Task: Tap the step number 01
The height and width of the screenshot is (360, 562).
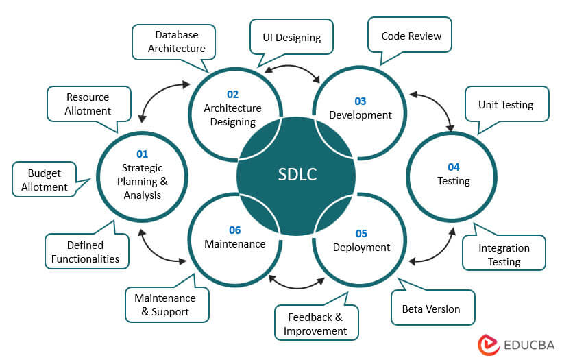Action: (x=142, y=154)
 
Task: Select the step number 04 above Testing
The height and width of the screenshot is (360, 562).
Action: (x=454, y=167)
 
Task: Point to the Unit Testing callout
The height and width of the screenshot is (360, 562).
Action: (x=506, y=105)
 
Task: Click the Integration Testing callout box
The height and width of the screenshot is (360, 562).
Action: (x=504, y=254)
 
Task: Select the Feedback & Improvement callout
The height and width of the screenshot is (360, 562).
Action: (x=315, y=324)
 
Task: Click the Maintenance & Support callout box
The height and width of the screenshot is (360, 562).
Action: (x=164, y=304)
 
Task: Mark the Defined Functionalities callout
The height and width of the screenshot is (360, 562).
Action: (x=86, y=252)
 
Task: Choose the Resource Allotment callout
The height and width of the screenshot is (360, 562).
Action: (x=88, y=104)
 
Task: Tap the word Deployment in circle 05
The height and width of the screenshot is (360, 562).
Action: (x=362, y=247)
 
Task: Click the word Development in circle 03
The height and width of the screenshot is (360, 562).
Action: (x=361, y=115)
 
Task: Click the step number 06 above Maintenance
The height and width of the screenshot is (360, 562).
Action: (x=235, y=230)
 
